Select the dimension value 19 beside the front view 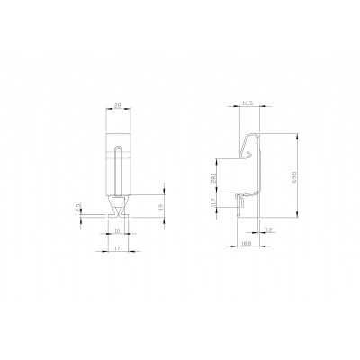pos(161,207)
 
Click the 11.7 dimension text pos(212,206)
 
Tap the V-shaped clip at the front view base pos(118,211)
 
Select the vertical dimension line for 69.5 pos(298,178)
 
